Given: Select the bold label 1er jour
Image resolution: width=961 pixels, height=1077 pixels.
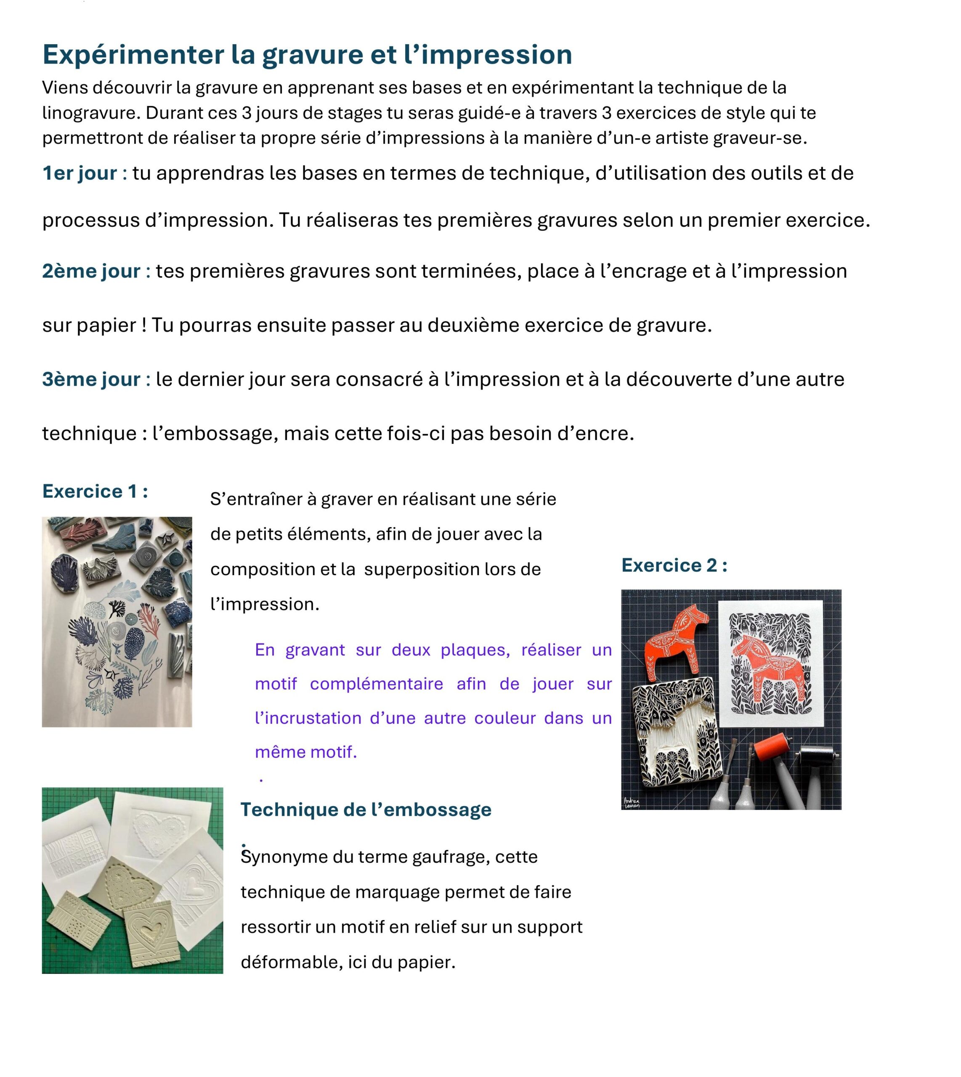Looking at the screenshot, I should (x=80, y=173).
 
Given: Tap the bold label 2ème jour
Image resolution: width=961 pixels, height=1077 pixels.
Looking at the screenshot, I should (x=91, y=271).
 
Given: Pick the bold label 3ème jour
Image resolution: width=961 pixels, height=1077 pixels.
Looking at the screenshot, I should (x=91, y=379).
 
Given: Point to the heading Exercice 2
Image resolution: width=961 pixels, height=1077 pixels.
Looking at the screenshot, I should (x=674, y=565).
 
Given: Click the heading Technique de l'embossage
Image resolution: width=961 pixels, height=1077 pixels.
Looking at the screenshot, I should (x=365, y=809).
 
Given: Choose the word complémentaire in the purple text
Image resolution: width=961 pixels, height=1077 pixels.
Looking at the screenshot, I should (x=376, y=684).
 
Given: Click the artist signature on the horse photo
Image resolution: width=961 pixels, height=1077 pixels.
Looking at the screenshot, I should (x=632, y=801).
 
